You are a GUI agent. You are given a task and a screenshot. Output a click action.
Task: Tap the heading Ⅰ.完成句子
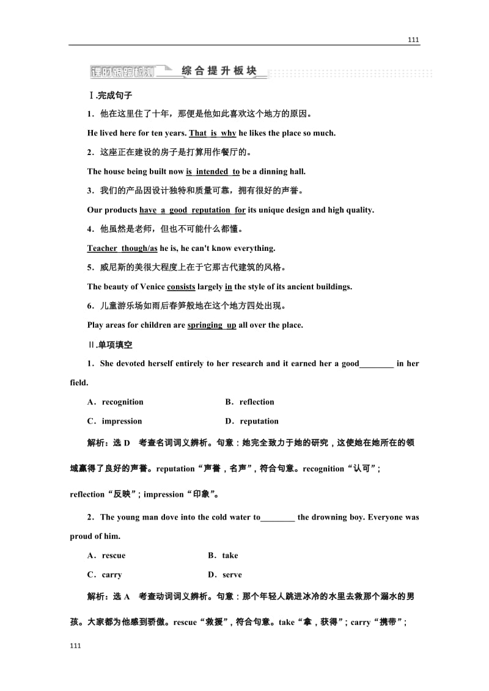pyautogui.click(x=111, y=95)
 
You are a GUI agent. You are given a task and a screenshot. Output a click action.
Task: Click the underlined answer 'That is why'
pyautogui.click(x=212, y=133)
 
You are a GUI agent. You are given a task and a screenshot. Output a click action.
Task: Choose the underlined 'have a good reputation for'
pyautogui.click(x=193, y=210)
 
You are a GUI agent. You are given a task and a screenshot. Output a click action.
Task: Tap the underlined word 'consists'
pyautogui.click(x=181, y=287)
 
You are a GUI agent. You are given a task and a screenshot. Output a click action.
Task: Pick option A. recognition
pyautogui.click(x=116, y=402)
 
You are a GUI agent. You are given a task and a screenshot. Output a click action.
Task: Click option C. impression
pyautogui.click(x=114, y=421)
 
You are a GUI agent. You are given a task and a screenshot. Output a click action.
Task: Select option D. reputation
pyautogui.click(x=252, y=421)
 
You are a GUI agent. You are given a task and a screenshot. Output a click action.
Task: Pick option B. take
pyautogui.click(x=223, y=555)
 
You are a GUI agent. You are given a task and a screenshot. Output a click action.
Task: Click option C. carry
pyautogui.click(x=105, y=575)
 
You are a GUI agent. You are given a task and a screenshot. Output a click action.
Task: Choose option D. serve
pyautogui.click(x=225, y=575)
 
